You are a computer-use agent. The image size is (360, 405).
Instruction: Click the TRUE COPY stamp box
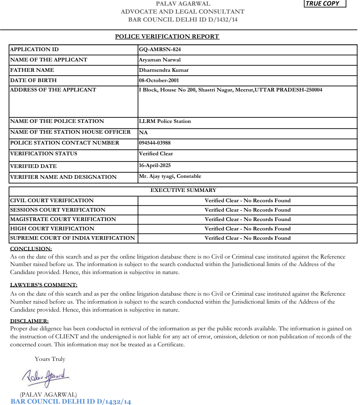325,4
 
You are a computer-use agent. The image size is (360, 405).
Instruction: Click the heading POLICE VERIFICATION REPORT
167,37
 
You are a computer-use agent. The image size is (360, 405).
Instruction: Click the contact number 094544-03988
155,143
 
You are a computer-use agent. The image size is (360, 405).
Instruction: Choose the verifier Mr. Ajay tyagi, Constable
170,176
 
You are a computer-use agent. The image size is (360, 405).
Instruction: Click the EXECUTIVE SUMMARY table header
183,190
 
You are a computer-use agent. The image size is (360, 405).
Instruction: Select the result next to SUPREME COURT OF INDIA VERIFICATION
247,238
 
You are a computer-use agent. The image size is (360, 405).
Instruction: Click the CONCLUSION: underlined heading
31,249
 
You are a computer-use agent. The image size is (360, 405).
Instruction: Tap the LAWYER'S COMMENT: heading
44,285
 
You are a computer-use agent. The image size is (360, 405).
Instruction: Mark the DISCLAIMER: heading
29,321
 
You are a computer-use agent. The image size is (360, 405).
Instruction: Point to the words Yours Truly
50,359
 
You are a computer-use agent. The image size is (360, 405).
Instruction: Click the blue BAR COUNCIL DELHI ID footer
71,401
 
